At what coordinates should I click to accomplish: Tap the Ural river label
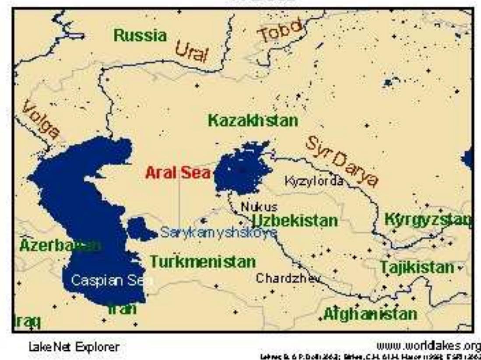pyautogui.click(x=192, y=53)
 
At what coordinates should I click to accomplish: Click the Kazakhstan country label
pyautogui.click(x=253, y=120)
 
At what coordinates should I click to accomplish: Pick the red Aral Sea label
pyautogui.click(x=177, y=173)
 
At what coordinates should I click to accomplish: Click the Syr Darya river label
pyautogui.click(x=342, y=161)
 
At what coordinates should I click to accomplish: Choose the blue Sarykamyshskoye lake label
pyautogui.click(x=218, y=233)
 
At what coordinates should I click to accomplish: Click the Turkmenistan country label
pyautogui.click(x=203, y=262)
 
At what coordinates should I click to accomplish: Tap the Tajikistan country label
pyautogui.click(x=417, y=267)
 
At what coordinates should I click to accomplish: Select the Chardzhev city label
pyautogui.click(x=288, y=278)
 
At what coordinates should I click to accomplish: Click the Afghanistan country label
pyautogui.click(x=370, y=314)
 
